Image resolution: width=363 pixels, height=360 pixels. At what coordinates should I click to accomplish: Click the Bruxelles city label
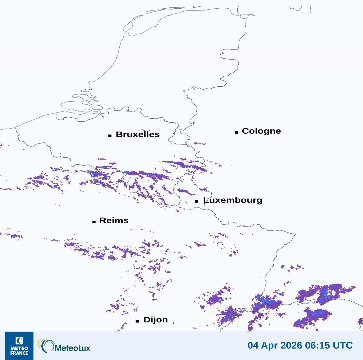[x=138, y=135]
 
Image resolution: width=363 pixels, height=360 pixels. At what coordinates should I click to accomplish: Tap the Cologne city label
[x=261, y=131]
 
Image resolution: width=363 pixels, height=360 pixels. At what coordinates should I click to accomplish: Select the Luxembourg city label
[x=233, y=200]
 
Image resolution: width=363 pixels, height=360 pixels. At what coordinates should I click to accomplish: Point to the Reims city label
[x=114, y=221]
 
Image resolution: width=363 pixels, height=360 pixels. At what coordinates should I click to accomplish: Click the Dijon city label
[x=156, y=320]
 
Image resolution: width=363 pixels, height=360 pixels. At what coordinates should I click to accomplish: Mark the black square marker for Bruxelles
[x=110, y=136]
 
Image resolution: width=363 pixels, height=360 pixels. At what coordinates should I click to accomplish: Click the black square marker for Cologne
[x=237, y=132]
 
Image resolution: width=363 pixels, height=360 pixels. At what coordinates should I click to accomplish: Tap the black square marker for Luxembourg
[x=197, y=201]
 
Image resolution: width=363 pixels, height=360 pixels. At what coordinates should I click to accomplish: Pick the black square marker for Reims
[x=94, y=222]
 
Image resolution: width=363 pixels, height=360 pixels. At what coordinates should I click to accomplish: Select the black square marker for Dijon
[x=137, y=321]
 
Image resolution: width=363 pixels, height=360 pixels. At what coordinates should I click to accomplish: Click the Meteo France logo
[x=19, y=346]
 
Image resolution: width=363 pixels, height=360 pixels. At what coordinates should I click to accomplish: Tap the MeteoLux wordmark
[x=72, y=348]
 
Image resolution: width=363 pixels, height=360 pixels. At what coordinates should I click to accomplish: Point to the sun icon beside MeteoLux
[x=40, y=343]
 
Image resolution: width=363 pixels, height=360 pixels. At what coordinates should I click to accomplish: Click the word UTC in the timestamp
[x=343, y=345]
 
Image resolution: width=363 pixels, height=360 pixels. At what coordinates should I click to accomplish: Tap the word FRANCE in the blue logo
[x=19, y=353]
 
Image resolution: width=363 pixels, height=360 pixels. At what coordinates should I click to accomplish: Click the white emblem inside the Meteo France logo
[x=19, y=341]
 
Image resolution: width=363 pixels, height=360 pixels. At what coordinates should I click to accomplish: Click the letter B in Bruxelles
[x=119, y=135]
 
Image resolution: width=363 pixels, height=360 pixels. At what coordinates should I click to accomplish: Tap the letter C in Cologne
[x=245, y=131]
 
